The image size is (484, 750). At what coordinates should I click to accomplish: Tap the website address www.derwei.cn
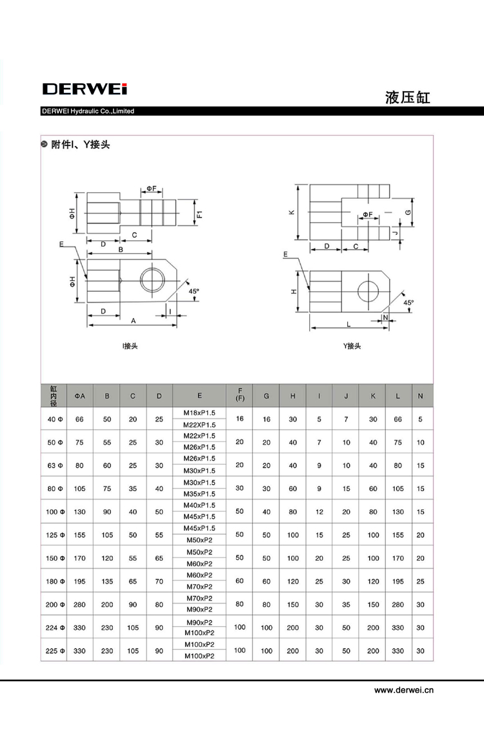(404, 690)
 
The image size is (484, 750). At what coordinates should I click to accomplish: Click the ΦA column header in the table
(80, 396)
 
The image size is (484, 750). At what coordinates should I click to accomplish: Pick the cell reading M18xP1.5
(199, 413)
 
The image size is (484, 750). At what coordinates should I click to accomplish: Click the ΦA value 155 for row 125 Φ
(80, 535)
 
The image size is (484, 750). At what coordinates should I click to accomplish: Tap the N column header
(421, 396)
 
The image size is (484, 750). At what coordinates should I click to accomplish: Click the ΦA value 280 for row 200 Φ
(80, 605)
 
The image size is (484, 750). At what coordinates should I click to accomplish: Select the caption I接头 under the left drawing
(130, 346)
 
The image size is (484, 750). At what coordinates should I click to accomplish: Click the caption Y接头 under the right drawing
(352, 346)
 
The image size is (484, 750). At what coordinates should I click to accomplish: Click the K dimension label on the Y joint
(291, 212)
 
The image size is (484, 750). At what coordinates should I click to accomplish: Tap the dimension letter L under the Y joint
(348, 323)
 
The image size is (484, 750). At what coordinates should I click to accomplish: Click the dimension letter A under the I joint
(134, 320)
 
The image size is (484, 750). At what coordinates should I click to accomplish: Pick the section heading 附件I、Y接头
(81, 145)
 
